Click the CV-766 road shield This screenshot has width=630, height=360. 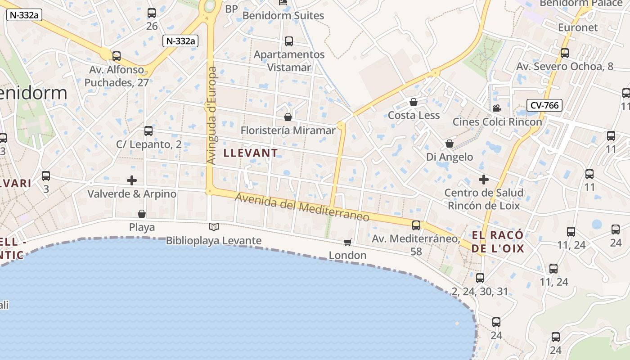544,106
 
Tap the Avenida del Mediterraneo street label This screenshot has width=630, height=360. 302,207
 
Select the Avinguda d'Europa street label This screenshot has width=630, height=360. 212,116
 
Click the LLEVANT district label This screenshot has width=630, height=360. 251,153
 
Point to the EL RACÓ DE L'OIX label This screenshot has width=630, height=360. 498,242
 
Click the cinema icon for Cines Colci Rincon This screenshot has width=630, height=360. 497,108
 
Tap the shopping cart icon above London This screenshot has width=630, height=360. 347,243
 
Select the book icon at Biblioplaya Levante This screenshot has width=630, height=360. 214,227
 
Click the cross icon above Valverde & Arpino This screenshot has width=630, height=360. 132,180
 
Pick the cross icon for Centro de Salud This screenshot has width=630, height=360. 484,180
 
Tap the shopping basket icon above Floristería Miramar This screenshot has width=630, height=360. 288,117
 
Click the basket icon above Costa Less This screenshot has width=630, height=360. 414,102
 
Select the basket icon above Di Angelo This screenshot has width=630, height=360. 449,144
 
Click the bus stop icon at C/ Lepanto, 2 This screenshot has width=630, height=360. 148,131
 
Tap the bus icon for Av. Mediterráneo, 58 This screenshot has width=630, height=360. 416,225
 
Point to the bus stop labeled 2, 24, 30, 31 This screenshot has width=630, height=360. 480,278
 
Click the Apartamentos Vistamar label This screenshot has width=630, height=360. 289,61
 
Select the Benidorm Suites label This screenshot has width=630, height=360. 283,15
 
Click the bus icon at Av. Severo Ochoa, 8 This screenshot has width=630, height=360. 565,53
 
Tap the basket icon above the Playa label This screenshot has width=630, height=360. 142,214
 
